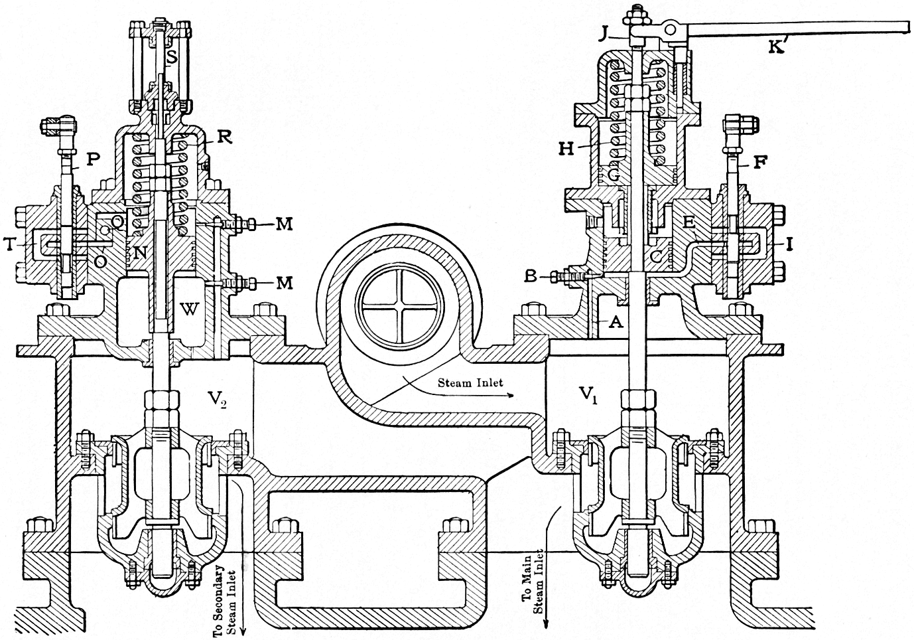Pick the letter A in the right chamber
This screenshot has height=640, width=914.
coord(616,322)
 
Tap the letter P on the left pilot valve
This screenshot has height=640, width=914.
coord(92,160)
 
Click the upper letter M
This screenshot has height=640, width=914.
coord(284,225)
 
